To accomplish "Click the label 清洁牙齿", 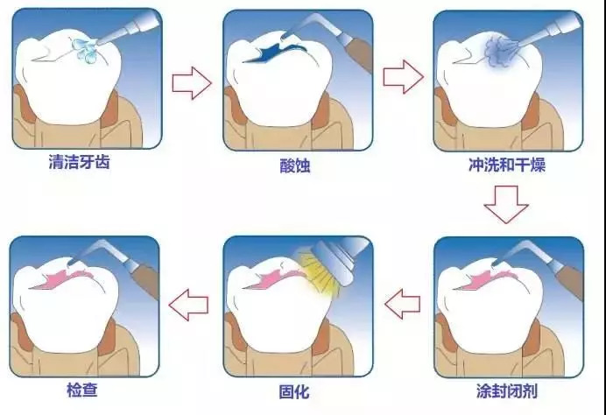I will [x=85, y=162].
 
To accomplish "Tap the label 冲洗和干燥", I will [x=507, y=164].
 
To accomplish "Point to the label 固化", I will [x=296, y=390].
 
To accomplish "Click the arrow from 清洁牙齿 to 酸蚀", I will [x=192, y=84].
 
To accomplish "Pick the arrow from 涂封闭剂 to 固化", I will [x=404, y=306].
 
